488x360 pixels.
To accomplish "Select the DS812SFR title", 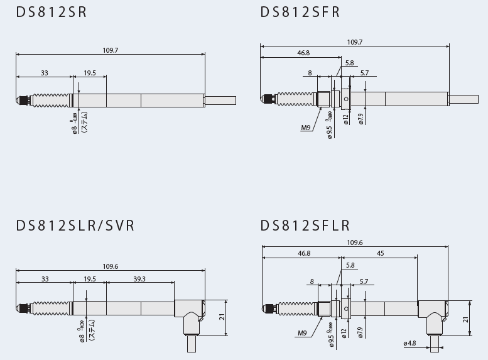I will (x=300, y=12).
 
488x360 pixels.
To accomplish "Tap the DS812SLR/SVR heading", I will (x=75, y=225).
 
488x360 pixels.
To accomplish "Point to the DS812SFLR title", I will (x=305, y=225).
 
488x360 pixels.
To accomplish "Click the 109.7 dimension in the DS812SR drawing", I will (x=111, y=50).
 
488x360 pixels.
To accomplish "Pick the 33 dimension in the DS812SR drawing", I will (x=44, y=73).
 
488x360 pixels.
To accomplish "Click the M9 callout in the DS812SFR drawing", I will (x=306, y=128).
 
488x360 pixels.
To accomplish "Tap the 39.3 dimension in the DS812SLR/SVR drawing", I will (x=140, y=279).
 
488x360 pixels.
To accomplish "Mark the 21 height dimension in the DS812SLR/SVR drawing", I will (x=222, y=317).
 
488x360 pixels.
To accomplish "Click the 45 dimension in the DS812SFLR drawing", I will (x=380, y=253).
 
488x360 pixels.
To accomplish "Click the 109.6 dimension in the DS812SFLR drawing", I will (x=354, y=243).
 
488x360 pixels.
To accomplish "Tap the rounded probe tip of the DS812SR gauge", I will (x=18, y=100).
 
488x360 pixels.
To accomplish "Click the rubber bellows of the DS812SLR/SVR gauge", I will (x=50, y=307).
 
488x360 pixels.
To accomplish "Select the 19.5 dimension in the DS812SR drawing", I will (x=90, y=73).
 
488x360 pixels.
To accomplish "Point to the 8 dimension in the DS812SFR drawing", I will (x=310, y=73).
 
